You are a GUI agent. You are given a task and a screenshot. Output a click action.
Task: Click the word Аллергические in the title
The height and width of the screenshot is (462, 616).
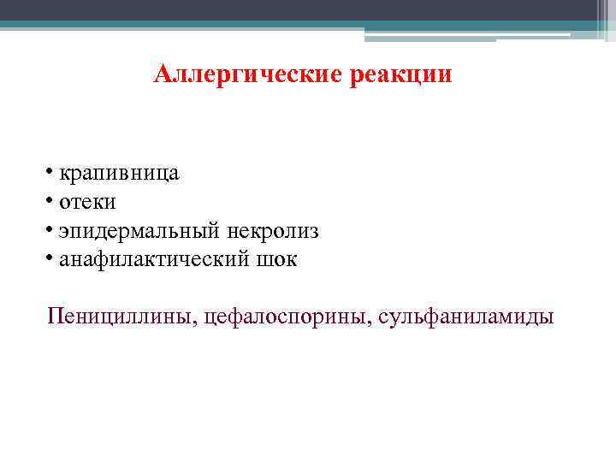tap(247, 74)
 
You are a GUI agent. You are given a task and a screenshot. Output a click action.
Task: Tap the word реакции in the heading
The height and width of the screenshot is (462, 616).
tap(400, 75)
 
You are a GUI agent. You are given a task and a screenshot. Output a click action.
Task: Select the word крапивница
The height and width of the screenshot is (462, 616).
tap(119, 174)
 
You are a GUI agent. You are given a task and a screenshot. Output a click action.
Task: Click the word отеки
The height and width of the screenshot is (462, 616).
tap(87, 202)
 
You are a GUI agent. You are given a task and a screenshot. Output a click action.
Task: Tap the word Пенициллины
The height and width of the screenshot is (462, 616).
tap(123, 317)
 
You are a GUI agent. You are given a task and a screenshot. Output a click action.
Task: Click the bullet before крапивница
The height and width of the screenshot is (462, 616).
tap(51, 173)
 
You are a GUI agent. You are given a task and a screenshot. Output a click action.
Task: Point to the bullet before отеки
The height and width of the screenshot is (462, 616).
tap(51, 201)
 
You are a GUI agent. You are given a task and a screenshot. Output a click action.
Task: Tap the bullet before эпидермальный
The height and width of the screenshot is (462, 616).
tap(51, 230)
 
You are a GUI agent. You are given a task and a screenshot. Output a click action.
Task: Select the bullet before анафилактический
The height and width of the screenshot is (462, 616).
tap(51, 258)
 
